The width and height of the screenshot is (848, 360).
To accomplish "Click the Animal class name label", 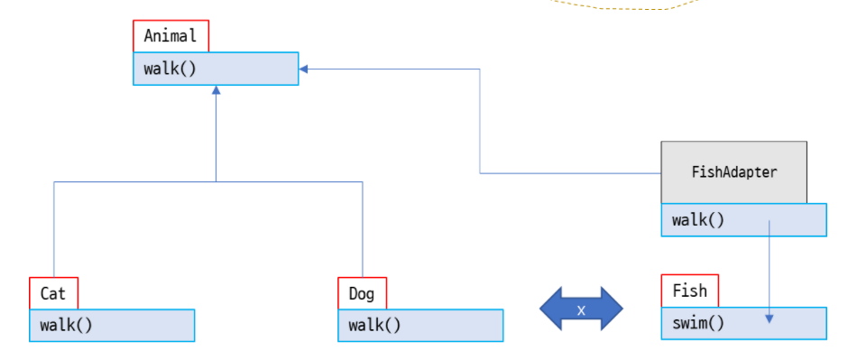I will point(171,37).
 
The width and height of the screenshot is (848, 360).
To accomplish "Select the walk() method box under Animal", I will point(216,69).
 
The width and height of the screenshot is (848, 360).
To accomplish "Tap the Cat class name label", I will point(53,293).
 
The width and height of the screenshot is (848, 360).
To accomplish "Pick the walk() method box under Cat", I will point(112,325).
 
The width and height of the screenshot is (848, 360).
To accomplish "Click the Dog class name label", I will point(362,293).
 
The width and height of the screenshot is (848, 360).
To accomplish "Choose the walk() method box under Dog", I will point(420,325).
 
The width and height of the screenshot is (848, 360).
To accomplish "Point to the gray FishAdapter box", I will point(733,171).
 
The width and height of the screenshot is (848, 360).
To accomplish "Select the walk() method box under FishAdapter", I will point(743,219).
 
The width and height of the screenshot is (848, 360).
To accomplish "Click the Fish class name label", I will point(690,291).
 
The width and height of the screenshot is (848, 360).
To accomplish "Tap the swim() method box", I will point(743,323).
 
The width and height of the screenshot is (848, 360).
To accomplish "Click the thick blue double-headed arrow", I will point(581,309).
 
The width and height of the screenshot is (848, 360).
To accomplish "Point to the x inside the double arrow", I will point(581,310).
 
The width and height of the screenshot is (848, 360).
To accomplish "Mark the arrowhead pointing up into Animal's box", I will point(216,90).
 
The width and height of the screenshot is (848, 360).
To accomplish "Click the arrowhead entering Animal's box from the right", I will point(305,69).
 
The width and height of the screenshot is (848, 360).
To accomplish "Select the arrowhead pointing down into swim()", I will point(769,318).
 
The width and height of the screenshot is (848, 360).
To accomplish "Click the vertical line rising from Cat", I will point(54,230).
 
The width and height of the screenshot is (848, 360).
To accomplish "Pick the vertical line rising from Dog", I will point(363,230).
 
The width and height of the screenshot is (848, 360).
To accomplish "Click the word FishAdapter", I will point(733,171).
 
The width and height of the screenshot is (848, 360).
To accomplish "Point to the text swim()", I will point(698,323).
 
